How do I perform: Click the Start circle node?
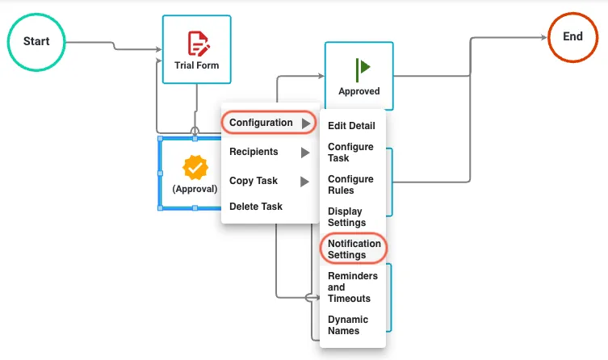36,42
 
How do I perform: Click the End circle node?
572,37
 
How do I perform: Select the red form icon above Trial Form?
199,44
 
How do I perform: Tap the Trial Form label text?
196,65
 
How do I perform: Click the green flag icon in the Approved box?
363,69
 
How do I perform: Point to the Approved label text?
359,91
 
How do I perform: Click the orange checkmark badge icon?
195,167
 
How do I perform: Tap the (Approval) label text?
195,189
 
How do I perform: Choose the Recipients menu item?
254,152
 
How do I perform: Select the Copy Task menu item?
254,181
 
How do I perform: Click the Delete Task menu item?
256,207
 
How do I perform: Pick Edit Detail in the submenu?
351,126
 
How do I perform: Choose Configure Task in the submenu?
350,153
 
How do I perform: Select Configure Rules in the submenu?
350,185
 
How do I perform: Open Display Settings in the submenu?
346,216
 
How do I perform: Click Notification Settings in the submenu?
354,249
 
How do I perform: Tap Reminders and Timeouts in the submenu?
353,287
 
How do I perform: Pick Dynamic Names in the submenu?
348,324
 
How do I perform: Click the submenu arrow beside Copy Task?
304,182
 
